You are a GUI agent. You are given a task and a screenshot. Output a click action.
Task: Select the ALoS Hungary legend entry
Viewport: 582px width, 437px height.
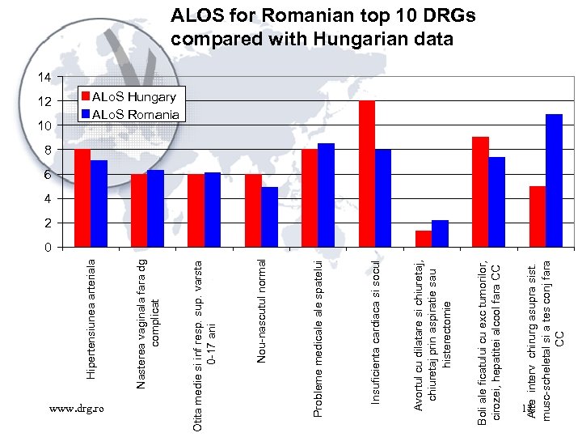[129, 96]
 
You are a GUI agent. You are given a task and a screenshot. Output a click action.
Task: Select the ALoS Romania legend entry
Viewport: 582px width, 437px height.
[129, 114]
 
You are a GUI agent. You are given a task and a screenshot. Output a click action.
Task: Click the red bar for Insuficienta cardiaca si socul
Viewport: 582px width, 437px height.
[367, 174]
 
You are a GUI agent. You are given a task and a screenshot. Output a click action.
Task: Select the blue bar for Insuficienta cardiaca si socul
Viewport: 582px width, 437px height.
[383, 198]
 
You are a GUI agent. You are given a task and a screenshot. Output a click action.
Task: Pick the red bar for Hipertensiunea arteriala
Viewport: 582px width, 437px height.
[82, 198]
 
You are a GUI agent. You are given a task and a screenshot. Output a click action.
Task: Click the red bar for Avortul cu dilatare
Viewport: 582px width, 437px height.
[424, 239]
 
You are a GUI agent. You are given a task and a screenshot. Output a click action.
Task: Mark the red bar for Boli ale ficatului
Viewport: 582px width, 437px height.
[480, 192]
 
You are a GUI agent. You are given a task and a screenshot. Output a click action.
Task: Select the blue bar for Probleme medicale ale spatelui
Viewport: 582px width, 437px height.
[327, 195]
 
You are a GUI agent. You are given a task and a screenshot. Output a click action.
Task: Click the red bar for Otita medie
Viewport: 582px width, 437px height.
[196, 210]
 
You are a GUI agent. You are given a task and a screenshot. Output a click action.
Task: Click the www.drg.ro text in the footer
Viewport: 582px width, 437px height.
[76, 410]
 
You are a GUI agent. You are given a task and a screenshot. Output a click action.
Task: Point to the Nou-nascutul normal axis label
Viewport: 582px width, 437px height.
[261, 312]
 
